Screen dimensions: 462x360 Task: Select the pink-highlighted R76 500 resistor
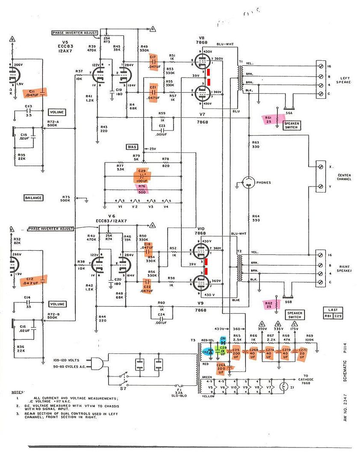(x=142, y=189)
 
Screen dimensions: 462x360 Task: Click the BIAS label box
(x=132, y=147)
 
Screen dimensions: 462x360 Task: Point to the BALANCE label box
(x=33, y=198)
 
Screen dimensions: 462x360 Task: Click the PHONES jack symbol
(x=248, y=182)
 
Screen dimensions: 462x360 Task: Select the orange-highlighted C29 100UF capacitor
(x=142, y=175)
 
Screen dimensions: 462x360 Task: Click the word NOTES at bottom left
(x=18, y=392)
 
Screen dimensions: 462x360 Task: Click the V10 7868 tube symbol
(x=202, y=248)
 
